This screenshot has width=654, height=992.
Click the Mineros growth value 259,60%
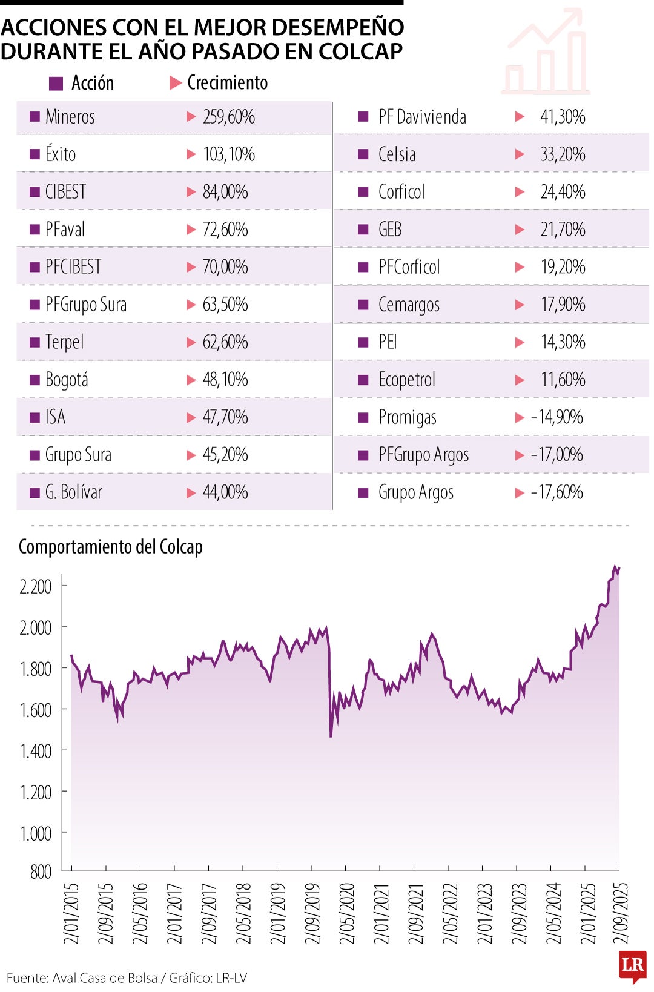click(228, 116)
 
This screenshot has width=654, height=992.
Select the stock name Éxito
click(61, 154)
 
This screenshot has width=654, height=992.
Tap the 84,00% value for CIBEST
click(225, 191)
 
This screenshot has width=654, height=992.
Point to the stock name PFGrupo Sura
click(86, 304)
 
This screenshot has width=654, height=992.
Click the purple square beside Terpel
click(35, 342)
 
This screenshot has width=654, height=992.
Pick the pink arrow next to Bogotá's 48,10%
click(191, 380)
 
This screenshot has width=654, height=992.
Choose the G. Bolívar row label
click(73, 492)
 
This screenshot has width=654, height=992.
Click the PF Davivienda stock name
click(422, 116)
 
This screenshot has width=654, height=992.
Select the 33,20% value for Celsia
click(563, 154)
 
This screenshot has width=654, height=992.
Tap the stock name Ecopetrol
click(406, 380)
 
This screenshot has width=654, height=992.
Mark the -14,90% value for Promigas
click(557, 417)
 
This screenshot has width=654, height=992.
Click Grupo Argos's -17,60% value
click(557, 492)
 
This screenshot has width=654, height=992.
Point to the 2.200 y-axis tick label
click(36, 586)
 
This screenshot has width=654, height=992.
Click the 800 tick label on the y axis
click(41, 871)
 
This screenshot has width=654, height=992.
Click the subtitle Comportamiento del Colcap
click(111, 546)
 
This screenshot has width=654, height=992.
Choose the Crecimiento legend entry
click(227, 82)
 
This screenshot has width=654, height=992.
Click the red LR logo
click(632, 965)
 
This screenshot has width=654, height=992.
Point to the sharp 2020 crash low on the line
click(331, 736)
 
